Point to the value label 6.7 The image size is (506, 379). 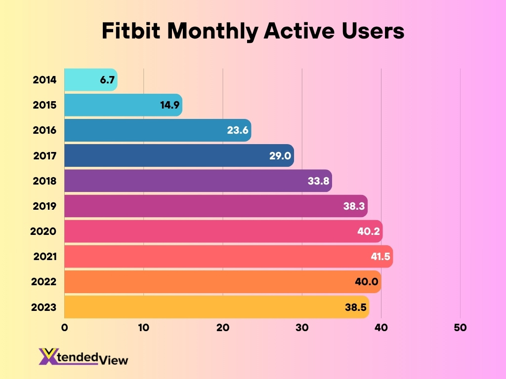(107, 80)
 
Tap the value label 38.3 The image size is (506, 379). (354, 206)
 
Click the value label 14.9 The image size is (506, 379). (169, 105)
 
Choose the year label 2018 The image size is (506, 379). (44, 181)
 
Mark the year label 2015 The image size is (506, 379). (44, 105)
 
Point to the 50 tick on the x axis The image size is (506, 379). (460, 328)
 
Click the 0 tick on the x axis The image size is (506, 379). (64, 328)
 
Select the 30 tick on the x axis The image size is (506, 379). (302, 328)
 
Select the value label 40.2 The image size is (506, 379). (369, 231)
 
